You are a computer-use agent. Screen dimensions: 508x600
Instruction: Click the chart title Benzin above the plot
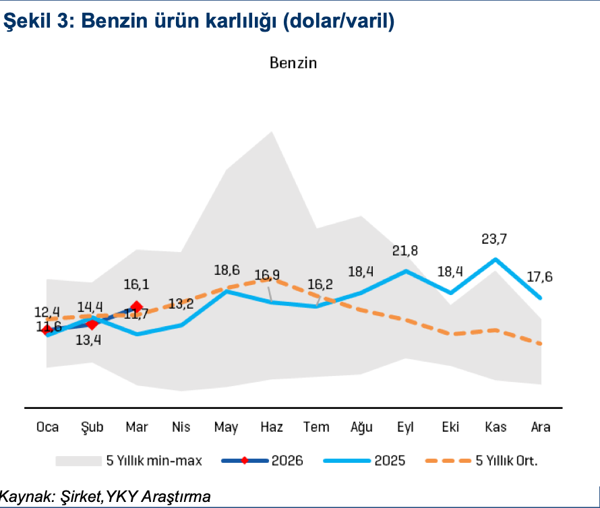coord(293,63)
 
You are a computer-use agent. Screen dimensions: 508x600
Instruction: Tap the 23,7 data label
coord(496,239)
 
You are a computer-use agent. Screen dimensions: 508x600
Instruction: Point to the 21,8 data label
coord(405,251)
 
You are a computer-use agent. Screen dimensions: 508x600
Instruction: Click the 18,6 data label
coord(227,272)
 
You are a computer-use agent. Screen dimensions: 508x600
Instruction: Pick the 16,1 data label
coord(137,285)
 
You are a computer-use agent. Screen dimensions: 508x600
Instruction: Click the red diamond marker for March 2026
coord(137,307)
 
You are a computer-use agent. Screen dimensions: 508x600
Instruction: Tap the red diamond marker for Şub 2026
coord(92,324)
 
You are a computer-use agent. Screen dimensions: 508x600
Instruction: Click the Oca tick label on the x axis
coord(47,427)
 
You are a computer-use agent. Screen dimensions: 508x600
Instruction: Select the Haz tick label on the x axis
coord(271,427)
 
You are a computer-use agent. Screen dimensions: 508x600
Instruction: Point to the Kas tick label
coord(496,427)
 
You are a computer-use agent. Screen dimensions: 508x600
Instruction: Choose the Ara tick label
coord(541,427)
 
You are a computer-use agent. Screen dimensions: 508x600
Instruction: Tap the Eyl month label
coord(406,427)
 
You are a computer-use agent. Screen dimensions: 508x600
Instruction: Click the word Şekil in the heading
coord(27,22)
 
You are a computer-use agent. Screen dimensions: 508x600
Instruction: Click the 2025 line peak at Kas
coord(496,259)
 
